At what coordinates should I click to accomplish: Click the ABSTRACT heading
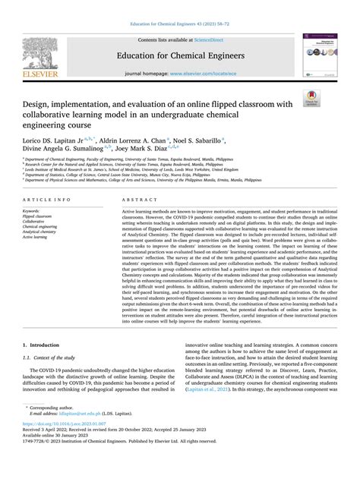[x=134, y=198]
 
